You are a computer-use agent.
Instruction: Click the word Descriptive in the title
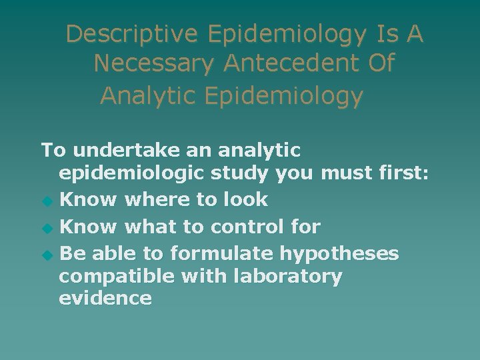click(x=133, y=34)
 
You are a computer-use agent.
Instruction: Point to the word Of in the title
click(x=379, y=64)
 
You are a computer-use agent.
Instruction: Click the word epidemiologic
click(x=131, y=174)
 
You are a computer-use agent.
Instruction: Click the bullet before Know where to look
click(x=46, y=201)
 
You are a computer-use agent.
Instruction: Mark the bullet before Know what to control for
click(x=46, y=228)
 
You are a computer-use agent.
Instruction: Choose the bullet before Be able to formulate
click(x=46, y=255)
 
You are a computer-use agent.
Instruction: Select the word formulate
click(x=222, y=254)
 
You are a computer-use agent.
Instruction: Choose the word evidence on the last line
click(x=105, y=298)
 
